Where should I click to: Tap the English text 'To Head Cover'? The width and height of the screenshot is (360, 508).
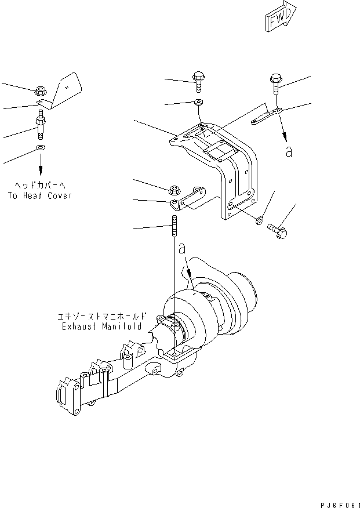point(40,195)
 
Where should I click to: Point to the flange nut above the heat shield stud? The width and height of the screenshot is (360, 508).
point(40,90)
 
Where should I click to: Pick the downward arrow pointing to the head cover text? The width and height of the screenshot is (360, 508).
point(41,168)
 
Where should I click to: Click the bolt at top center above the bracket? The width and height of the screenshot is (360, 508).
point(197,81)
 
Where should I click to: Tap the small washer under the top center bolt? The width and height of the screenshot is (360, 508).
point(198,103)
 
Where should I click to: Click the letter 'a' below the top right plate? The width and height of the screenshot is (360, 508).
point(289,152)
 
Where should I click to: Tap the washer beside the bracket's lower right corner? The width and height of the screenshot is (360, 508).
point(259,219)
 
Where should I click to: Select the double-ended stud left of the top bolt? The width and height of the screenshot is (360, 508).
point(41,128)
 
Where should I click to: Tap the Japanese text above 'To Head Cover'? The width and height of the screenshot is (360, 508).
point(40,186)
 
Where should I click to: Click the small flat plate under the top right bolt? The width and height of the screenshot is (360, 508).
point(266,120)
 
